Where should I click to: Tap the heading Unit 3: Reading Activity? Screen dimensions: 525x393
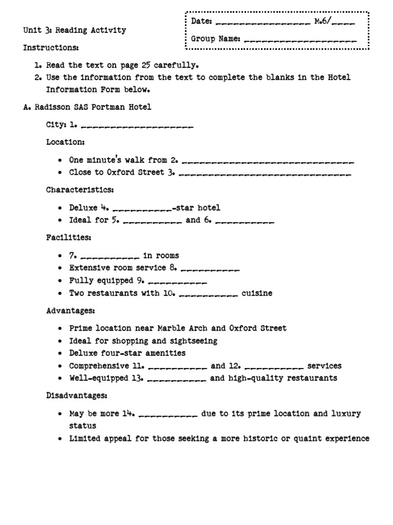[x=74, y=30]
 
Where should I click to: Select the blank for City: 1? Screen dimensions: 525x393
[x=137, y=126]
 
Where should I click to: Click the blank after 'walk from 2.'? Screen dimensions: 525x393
[x=268, y=161]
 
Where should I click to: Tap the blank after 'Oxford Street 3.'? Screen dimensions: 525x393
[x=265, y=174]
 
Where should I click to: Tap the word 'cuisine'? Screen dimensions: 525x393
[x=257, y=294]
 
